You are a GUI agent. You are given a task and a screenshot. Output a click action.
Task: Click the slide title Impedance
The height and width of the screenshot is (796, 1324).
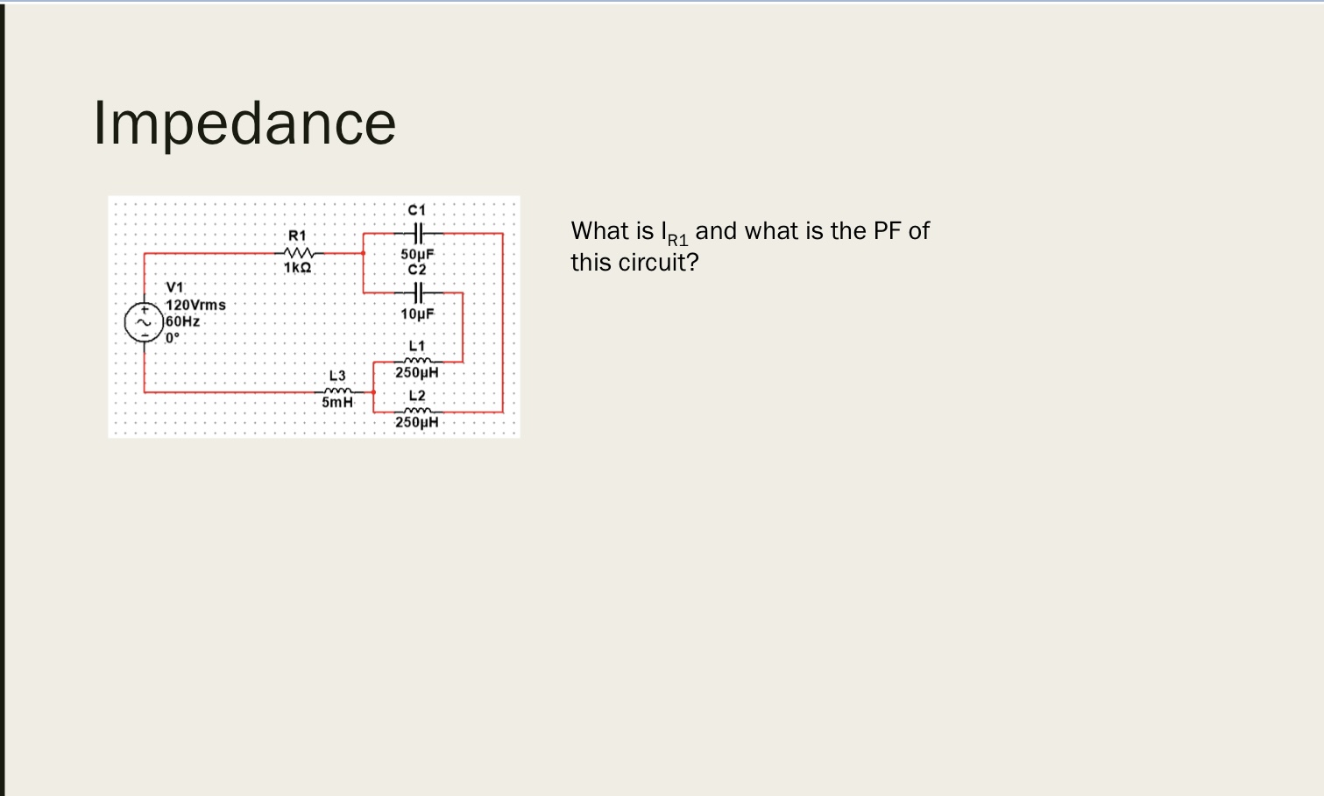pos(244,123)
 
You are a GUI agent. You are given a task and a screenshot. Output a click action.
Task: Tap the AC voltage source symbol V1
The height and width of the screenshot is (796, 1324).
pos(143,322)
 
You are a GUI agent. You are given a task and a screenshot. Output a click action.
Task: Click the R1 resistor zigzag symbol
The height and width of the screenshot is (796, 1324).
pos(298,253)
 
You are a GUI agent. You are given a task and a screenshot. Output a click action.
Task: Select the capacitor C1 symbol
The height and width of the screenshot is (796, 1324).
pos(417,234)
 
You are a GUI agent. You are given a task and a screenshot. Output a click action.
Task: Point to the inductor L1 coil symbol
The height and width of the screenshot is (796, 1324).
pos(417,360)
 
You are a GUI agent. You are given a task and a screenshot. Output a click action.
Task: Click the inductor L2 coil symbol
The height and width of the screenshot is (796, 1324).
pos(417,411)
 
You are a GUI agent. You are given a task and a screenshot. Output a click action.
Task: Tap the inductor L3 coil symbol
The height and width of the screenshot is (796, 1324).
pos(337,391)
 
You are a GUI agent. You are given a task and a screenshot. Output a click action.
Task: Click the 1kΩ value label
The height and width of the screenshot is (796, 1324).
pos(298,267)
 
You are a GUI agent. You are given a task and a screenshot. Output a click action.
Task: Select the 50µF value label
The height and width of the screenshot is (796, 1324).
pos(417,254)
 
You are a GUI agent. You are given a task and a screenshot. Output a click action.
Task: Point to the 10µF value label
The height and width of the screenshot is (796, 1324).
pos(417,313)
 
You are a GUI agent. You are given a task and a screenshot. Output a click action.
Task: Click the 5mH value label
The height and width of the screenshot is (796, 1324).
pos(337,402)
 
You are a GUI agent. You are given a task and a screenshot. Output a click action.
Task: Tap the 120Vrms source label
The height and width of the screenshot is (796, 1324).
pos(196,305)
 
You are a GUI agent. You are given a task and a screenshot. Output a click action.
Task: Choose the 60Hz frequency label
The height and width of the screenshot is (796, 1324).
pos(183,321)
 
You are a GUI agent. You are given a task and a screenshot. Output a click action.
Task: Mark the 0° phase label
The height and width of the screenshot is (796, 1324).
pos(173,337)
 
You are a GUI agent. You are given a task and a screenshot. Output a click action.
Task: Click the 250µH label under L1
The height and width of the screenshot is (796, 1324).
pos(417,372)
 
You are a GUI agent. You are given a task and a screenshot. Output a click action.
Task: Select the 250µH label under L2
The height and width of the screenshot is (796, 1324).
pos(417,422)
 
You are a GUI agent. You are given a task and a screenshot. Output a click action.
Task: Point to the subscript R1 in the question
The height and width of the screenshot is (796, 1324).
pos(677,239)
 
